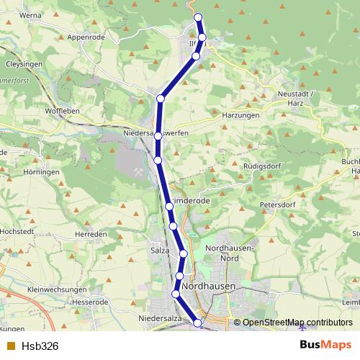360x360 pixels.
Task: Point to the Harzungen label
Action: (x=221, y=115)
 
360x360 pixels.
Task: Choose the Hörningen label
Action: (x=40, y=173)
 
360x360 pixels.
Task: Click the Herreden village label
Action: (x=91, y=235)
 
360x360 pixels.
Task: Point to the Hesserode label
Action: (x=90, y=302)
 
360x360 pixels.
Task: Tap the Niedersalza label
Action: (x=158, y=318)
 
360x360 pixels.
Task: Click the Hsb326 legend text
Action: (x=40, y=346)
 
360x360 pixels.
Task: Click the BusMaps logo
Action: (x=325, y=345)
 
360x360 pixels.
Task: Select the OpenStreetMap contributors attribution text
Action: (x=297, y=323)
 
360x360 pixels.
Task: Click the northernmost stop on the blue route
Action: (x=198, y=17)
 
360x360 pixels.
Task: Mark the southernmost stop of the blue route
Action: (x=198, y=323)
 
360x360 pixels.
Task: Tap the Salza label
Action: (x=159, y=250)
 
